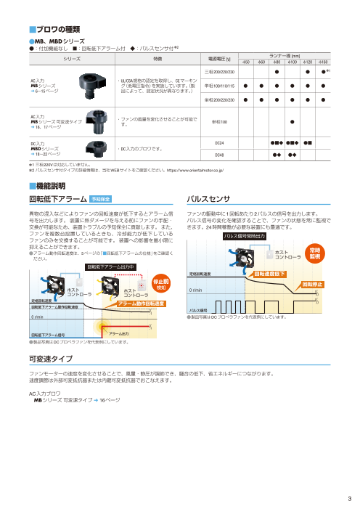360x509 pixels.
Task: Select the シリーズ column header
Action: pyautogui.click(x=70, y=57)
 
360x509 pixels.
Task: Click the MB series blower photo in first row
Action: pyautogui.click(x=96, y=83)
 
